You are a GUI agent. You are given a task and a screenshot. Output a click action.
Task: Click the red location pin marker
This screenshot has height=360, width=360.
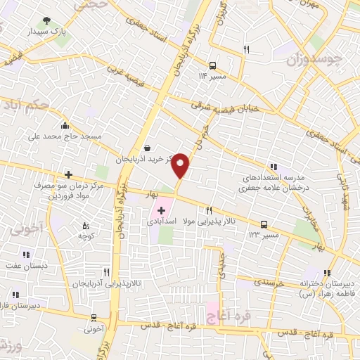(181, 165)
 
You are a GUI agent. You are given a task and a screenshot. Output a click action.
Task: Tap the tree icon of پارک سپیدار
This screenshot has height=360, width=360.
(46, 20)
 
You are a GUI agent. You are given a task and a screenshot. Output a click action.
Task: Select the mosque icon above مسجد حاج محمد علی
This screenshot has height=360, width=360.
(65, 126)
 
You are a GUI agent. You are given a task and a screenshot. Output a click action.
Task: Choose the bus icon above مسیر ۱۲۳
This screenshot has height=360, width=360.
(264, 224)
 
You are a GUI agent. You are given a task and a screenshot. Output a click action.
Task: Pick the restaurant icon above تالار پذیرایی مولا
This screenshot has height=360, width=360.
(209, 211)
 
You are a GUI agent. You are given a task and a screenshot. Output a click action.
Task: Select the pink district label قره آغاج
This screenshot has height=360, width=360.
(226, 309)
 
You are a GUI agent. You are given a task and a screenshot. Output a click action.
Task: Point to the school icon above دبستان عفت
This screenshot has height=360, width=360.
(25, 256)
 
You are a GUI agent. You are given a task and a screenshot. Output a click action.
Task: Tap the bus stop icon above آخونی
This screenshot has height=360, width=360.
(94, 319)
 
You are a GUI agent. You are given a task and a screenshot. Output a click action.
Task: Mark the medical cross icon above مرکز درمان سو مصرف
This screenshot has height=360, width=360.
(67, 174)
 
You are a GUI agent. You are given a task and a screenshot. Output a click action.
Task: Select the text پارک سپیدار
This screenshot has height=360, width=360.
(46, 32)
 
